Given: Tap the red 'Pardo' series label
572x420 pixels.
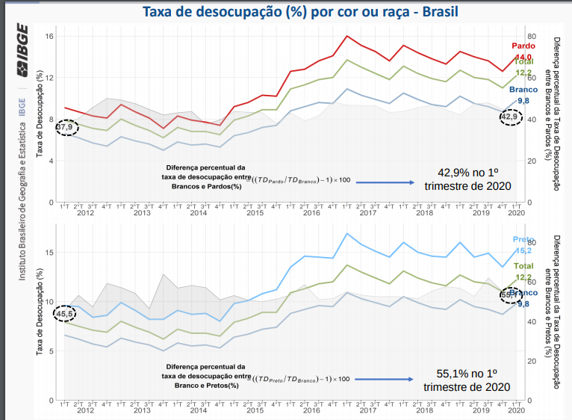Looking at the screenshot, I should [522, 46].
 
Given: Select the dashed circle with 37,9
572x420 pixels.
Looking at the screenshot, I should [66, 127].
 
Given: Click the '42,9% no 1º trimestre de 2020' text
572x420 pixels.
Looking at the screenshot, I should [467, 179].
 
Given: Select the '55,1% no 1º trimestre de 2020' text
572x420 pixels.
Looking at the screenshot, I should [467, 380].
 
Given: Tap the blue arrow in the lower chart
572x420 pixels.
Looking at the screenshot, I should [385, 379].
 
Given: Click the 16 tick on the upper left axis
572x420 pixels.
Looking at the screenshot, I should [49, 37].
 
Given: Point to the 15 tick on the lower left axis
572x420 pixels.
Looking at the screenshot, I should [49, 253].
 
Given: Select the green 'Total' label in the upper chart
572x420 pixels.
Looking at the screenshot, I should [522, 62].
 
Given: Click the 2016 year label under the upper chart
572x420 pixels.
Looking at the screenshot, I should [310, 213].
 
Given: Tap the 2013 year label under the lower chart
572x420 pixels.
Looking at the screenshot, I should [141, 410].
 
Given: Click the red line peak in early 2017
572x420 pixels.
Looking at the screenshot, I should [347, 36].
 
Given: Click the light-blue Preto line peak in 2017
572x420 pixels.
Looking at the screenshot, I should [347, 233].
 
